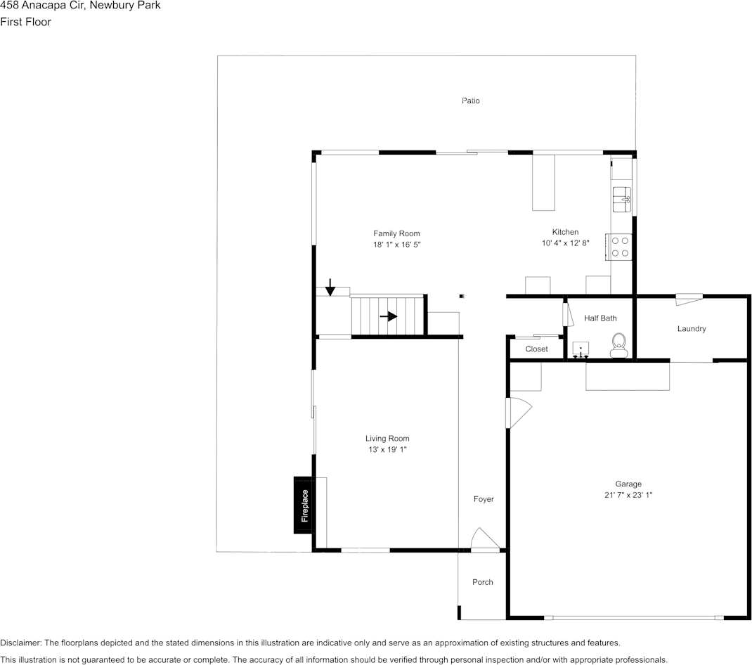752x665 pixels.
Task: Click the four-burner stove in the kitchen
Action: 621,247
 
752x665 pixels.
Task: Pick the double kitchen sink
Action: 622,200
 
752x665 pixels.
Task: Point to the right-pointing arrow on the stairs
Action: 389,316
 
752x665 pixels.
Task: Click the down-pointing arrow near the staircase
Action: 330,287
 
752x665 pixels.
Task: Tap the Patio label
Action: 471,101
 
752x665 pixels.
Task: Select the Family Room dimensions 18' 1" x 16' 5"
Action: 396,245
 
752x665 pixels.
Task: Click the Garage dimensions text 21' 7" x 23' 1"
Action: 628,495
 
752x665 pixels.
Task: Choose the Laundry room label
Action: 692,329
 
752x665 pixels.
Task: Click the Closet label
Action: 536,349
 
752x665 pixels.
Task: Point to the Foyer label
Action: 484,499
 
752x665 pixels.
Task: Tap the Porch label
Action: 483,582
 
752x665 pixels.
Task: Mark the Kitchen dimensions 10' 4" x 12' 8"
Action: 565,243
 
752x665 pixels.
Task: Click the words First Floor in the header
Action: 26,22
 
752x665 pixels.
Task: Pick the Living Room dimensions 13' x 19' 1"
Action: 387,449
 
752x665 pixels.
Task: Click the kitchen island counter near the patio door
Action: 543,182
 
